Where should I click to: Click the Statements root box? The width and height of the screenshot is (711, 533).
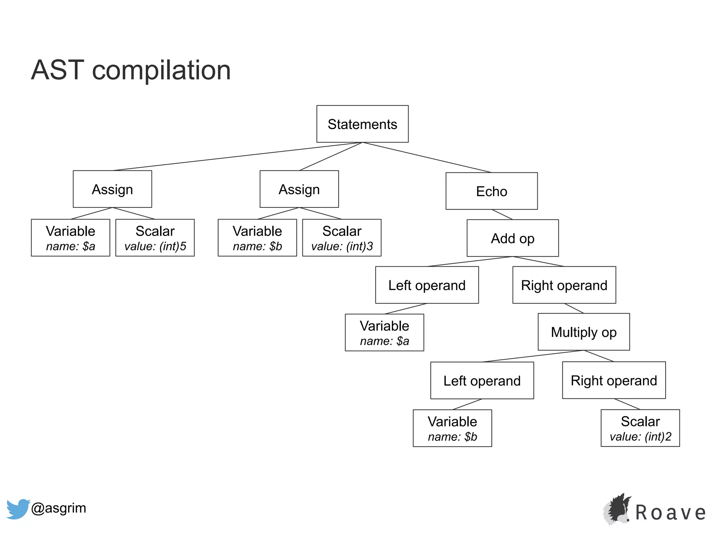coord(362,124)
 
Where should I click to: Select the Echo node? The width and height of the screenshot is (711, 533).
coord(491,191)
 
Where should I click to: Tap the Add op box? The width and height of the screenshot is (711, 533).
coord(512,238)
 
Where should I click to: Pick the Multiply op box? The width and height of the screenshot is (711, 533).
coord(583,332)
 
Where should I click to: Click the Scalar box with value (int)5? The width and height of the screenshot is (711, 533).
coord(155,238)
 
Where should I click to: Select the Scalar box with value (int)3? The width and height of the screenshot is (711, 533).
coord(342,238)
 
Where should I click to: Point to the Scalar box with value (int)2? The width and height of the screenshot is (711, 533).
coord(640,428)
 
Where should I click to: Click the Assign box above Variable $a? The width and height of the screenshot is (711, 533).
coord(112,189)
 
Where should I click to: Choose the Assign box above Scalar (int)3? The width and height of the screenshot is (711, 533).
coord(299,189)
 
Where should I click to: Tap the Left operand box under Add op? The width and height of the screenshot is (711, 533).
coord(427,285)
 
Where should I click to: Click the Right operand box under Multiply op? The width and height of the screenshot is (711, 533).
coord(613,380)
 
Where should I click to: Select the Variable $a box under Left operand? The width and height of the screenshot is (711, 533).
coord(384,332)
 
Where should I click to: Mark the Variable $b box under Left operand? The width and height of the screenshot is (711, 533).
coord(452,428)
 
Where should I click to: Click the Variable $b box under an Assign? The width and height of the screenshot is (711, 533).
coord(257,238)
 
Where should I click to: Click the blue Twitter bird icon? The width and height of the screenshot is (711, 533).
coord(17,509)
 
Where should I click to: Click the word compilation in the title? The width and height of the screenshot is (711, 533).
coord(161,70)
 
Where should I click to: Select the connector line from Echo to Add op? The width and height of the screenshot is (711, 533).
coord(502,214)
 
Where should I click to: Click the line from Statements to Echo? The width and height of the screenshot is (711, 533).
coord(427,158)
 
